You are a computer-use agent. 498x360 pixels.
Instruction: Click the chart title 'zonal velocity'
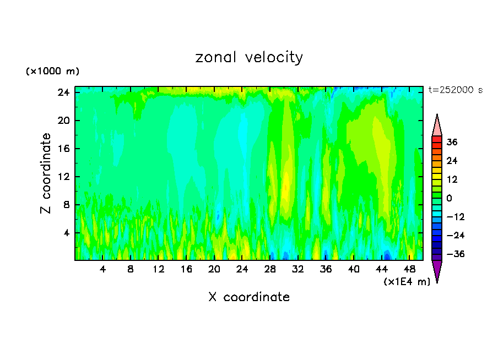pos(249,57)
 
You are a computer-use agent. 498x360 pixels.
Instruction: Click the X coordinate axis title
pos(249,297)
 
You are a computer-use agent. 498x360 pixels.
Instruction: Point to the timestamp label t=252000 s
pos(455,90)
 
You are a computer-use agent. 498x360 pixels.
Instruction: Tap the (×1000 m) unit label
pos(52,72)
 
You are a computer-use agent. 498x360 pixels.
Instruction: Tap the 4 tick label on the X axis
pos(102,270)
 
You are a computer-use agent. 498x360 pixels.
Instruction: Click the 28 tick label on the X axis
pos(270,270)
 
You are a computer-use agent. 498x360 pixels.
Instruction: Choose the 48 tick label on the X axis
pos(409,270)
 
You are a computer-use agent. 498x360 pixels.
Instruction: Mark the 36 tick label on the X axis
pos(326,270)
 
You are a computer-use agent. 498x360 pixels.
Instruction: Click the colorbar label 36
pos(452,142)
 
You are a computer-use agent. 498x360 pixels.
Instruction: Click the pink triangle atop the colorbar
pos(437,126)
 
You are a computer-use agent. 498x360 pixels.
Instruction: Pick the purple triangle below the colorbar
pos(437,271)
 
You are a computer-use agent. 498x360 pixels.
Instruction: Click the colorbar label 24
pos(452,161)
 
